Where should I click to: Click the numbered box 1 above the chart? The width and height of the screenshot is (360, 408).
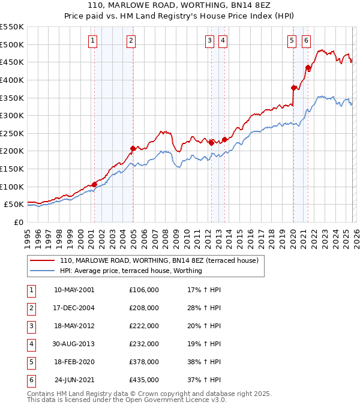[94, 41]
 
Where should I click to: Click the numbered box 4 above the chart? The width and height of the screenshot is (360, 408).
[223, 41]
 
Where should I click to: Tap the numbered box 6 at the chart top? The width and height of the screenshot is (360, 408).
[306, 41]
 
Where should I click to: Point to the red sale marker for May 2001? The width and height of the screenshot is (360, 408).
[94, 184]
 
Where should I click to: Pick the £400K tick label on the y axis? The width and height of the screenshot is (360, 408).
[11, 80]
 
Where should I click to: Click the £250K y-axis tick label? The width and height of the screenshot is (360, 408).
[11, 133]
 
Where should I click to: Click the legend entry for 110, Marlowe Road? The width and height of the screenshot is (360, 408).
[158, 260]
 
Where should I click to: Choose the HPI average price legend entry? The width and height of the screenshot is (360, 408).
[130, 271]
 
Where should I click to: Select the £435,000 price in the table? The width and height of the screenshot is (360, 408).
[144, 379]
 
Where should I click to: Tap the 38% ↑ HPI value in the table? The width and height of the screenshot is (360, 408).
[205, 361]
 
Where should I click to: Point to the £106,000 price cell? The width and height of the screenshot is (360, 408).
[144, 290]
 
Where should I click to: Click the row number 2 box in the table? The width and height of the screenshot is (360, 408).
[30, 308]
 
